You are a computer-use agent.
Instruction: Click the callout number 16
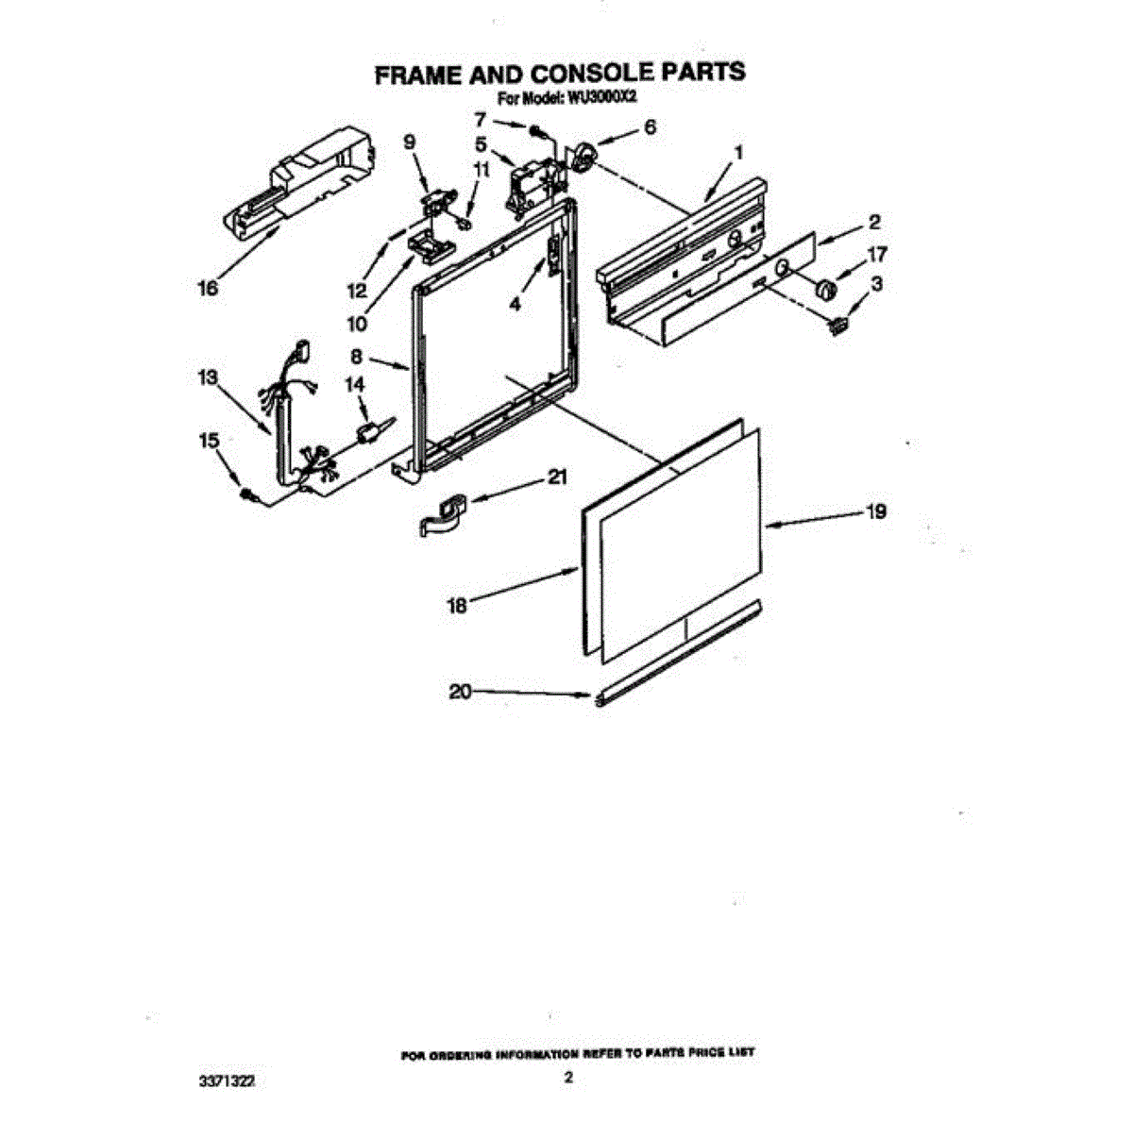point(208,287)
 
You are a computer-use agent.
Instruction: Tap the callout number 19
point(875,511)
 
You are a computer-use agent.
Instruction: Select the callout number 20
point(460,692)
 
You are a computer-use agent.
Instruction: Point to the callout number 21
point(557,477)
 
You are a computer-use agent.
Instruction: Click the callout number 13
point(208,377)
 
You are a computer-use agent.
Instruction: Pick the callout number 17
point(876,254)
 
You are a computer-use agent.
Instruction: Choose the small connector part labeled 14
point(369,432)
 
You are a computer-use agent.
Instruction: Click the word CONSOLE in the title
point(563,74)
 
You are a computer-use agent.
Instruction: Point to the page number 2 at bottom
point(567,1078)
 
